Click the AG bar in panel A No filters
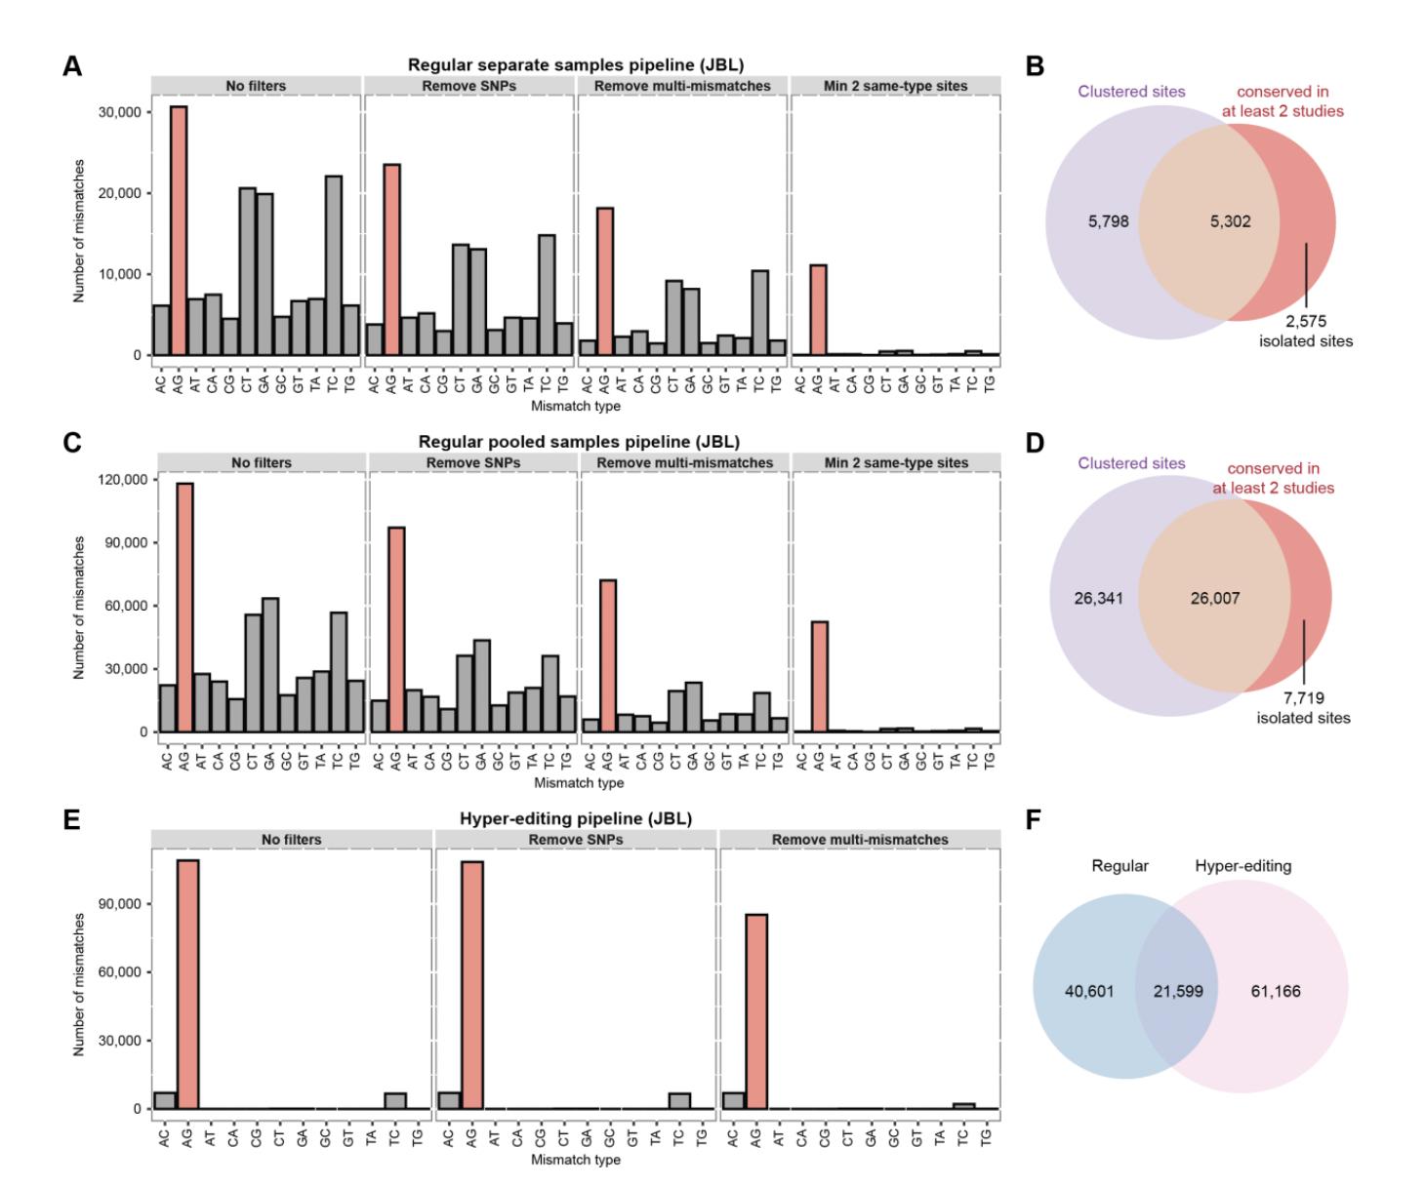179,231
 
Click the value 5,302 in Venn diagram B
1230,221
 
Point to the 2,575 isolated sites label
1305,331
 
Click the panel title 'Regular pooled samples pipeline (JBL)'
579,442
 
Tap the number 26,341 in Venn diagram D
1098,598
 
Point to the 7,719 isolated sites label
1303,708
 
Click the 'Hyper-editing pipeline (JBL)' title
576,818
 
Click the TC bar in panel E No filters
395,1101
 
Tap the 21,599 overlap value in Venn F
1177,991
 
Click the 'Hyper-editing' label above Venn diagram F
1242,866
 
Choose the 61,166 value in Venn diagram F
1276,991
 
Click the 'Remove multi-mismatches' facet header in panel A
682,86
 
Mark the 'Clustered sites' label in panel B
1131,92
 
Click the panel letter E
70,819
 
